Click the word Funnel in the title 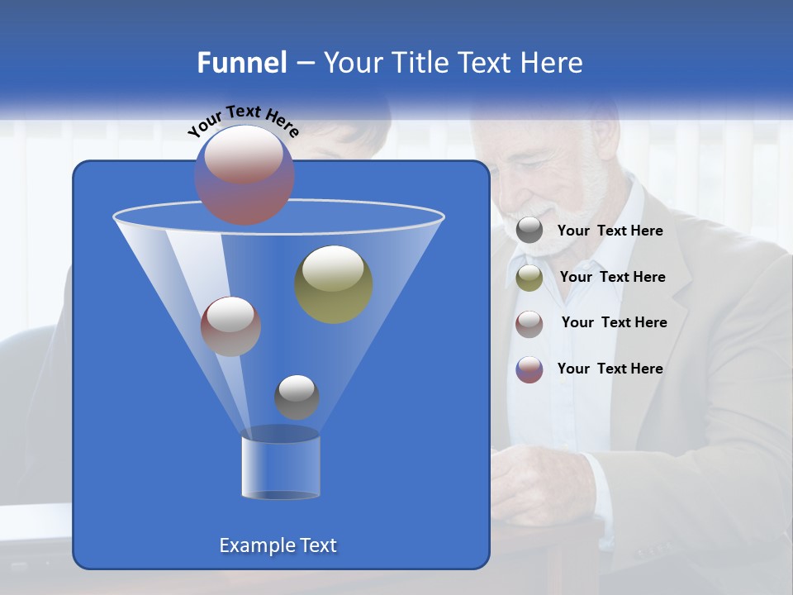pos(242,63)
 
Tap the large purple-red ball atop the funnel pos(244,174)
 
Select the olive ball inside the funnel pos(334,284)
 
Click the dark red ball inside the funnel pos(231,326)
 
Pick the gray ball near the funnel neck pos(297,397)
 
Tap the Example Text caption pos(278,545)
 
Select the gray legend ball pos(529,231)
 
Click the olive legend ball pos(529,278)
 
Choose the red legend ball pos(529,323)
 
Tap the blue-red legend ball pos(529,369)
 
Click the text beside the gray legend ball pos(610,231)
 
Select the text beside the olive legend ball pos(612,278)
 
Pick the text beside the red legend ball pos(614,323)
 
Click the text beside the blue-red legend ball pos(610,369)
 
